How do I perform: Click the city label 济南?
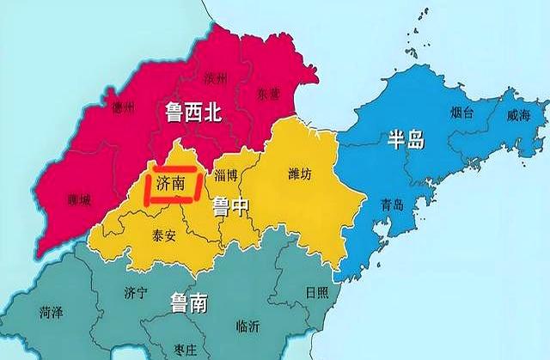tap(170, 183)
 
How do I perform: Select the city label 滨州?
tap(216, 80)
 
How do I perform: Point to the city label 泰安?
tap(163, 235)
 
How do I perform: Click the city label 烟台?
tap(465, 112)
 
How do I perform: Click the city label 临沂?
tap(247, 326)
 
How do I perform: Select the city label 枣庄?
tap(184, 350)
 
